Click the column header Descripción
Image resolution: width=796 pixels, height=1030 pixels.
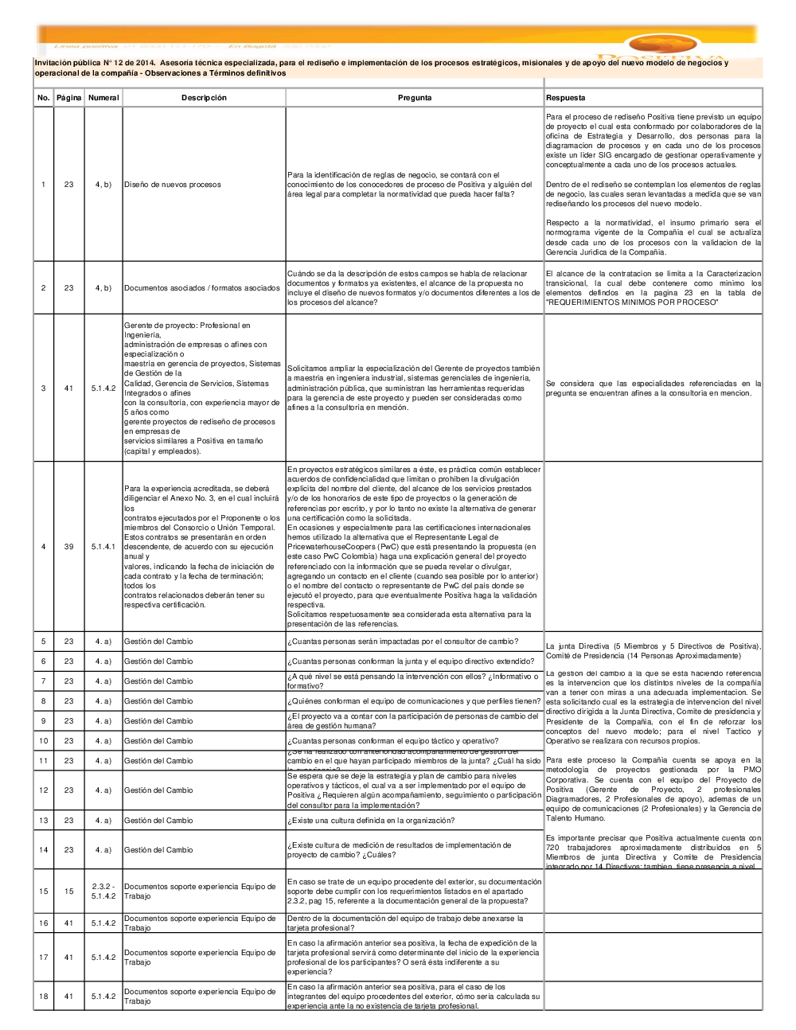click(x=204, y=98)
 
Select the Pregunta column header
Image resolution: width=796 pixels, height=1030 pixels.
click(x=415, y=98)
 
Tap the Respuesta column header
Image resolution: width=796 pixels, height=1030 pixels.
click(x=566, y=98)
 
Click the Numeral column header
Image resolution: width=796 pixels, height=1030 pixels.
click(x=103, y=98)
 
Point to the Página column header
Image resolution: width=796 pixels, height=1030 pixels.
click(x=69, y=98)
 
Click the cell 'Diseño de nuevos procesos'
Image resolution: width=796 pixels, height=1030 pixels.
click(x=173, y=185)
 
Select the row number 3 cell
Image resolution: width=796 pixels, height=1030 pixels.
click(x=44, y=388)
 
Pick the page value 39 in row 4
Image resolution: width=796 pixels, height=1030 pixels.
click(x=69, y=547)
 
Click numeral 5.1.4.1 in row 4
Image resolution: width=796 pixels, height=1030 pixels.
click(x=103, y=547)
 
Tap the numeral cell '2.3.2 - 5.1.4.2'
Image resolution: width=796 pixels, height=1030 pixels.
click(x=103, y=891)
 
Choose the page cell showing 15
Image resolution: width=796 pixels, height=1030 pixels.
click(x=69, y=891)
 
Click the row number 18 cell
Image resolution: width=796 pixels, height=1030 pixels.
click(x=44, y=997)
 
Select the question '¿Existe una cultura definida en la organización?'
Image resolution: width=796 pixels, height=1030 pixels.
click(x=371, y=821)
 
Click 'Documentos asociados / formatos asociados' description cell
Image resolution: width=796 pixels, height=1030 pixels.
click(x=202, y=288)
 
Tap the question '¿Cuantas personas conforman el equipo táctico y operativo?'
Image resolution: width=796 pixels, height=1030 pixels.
click(x=393, y=741)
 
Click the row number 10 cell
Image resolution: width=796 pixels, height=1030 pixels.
click(x=44, y=741)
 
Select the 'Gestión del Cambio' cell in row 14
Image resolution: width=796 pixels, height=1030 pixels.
click(x=158, y=850)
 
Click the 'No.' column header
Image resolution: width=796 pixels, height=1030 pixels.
click(x=44, y=98)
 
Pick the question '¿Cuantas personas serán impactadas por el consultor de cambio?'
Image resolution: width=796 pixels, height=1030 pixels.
click(x=403, y=642)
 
